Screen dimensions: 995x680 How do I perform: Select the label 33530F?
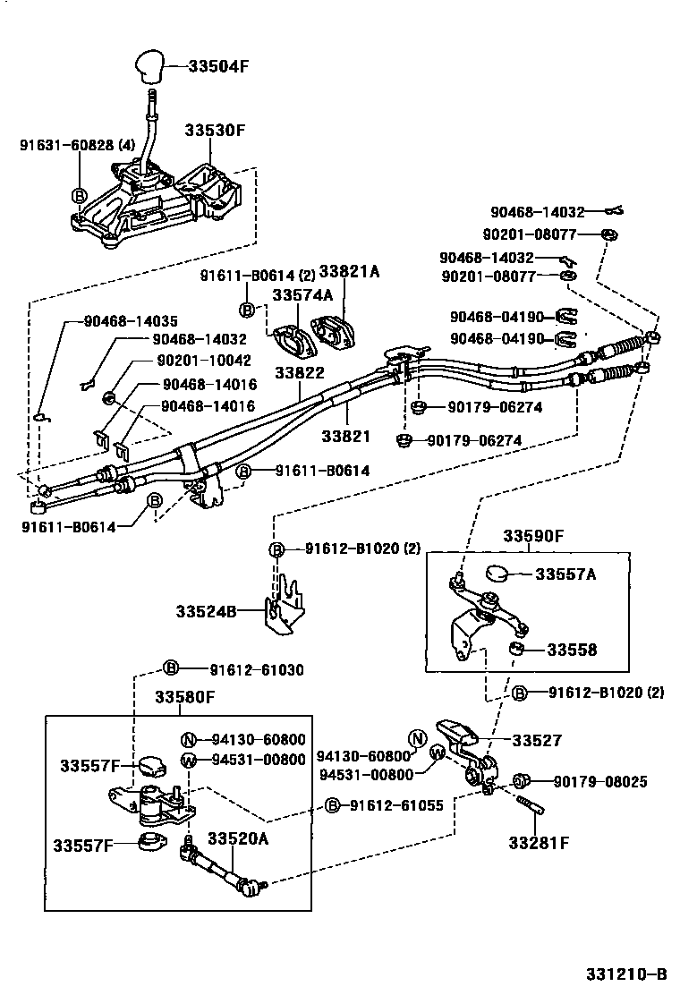click(x=215, y=130)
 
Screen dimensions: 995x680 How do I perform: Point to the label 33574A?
click(x=302, y=293)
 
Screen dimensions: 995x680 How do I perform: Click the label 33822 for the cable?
click(x=300, y=372)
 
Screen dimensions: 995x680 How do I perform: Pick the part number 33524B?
click(x=206, y=611)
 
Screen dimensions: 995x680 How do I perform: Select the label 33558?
click(x=572, y=650)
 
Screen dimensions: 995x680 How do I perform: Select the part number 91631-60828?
click(x=64, y=143)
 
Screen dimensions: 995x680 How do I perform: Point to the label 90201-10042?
click(x=203, y=360)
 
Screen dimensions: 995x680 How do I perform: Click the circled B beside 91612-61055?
click(x=332, y=805)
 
